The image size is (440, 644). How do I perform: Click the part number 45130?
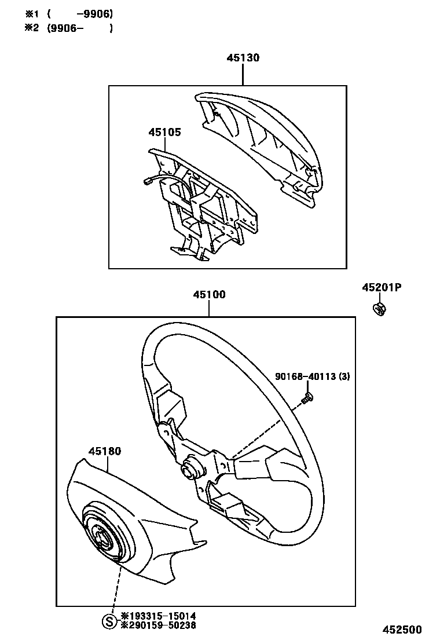click(x=243, y=58)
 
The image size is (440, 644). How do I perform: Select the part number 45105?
click(x=164, y=132)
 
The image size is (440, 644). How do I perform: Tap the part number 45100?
click(x=209, y=294)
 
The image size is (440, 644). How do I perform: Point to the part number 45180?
click(x=105, y=451)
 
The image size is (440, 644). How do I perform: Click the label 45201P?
click(x=382, y=288)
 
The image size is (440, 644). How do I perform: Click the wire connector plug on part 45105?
click(x=146, y=182)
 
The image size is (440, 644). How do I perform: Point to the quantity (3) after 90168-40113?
click(x=344, y=377)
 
